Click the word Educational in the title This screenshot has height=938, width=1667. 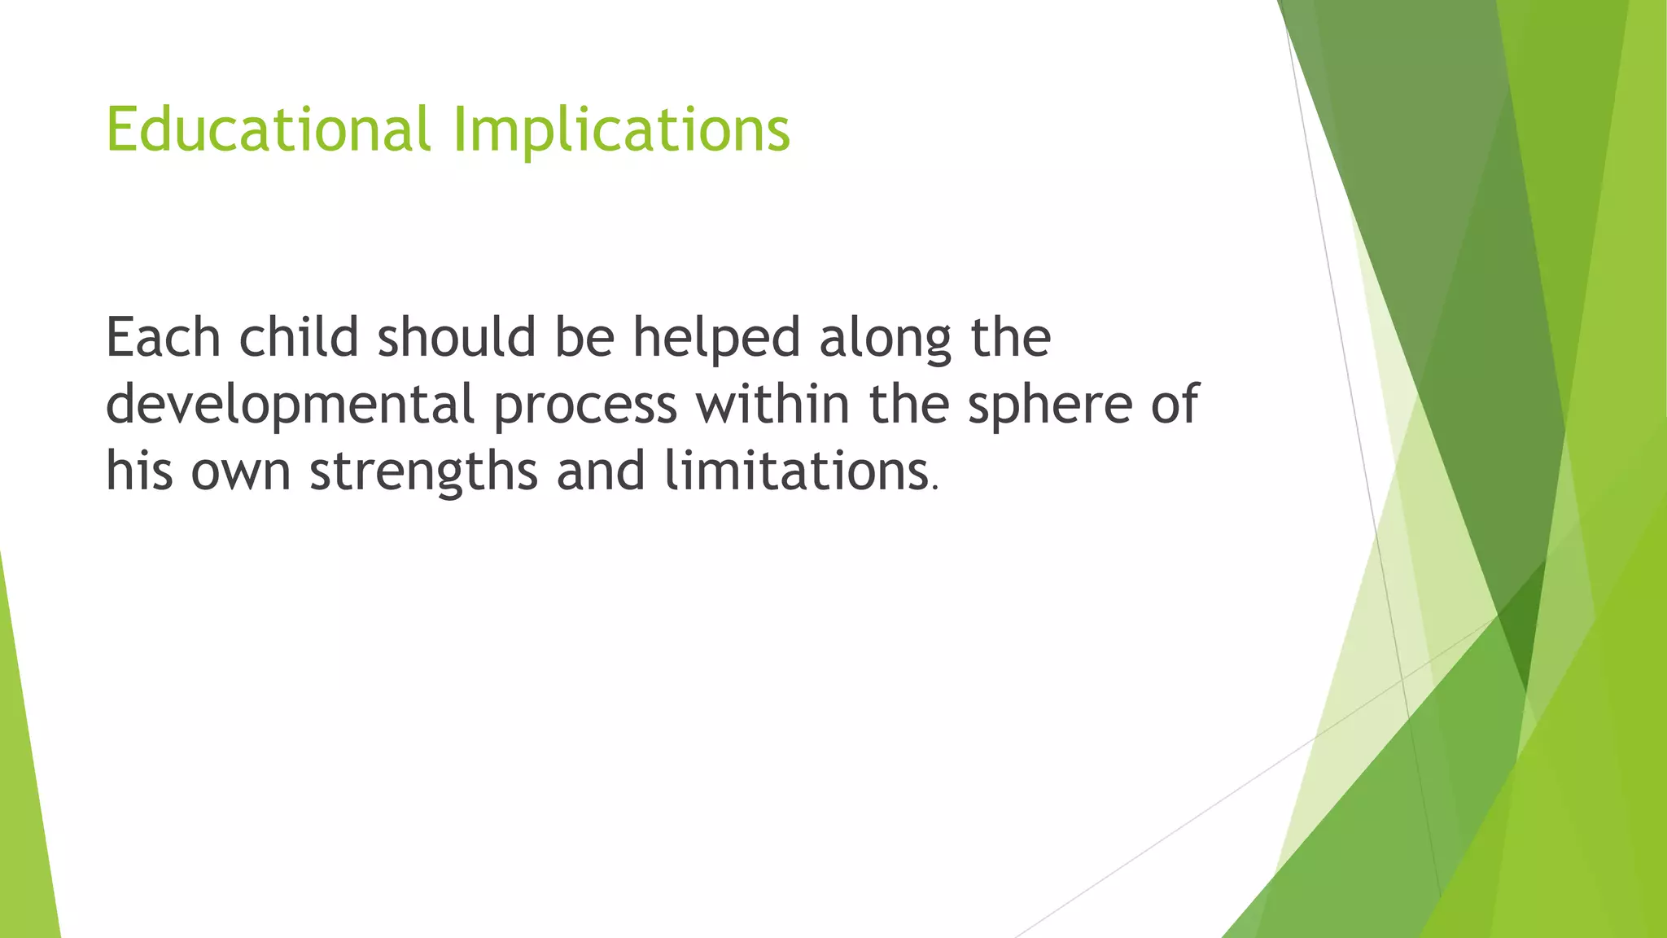click(x=268, y=129)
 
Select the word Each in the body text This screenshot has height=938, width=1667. click(x=163, y=337)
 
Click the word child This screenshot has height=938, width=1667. click(x=299, y=337)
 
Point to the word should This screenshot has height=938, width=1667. click(x=456, y=337)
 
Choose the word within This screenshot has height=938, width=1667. click(x=772, y=404)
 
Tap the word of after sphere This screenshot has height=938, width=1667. click(x=1174, y=404)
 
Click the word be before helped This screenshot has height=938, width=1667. click(x=584, y=337)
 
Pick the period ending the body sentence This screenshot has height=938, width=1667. click(x=935, y=489)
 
